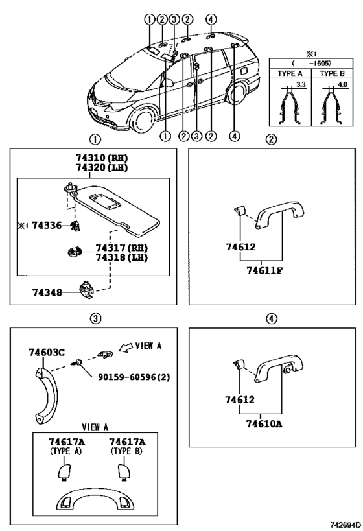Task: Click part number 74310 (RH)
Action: point(101,158)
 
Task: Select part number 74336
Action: point(47,225)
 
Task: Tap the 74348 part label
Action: point(47,292)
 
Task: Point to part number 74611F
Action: point(264,270)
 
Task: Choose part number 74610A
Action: point(264,423)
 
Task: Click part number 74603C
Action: point(47,353)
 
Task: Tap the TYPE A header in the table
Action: point(290,73)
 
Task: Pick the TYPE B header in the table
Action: point(332,73)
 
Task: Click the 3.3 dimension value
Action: point(301,84)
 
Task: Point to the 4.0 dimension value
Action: point(343,84)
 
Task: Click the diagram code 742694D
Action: point(345,525)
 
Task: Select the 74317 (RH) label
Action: point(122,248)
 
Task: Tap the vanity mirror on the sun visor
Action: point(104,201)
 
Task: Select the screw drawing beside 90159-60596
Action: point(76,363)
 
